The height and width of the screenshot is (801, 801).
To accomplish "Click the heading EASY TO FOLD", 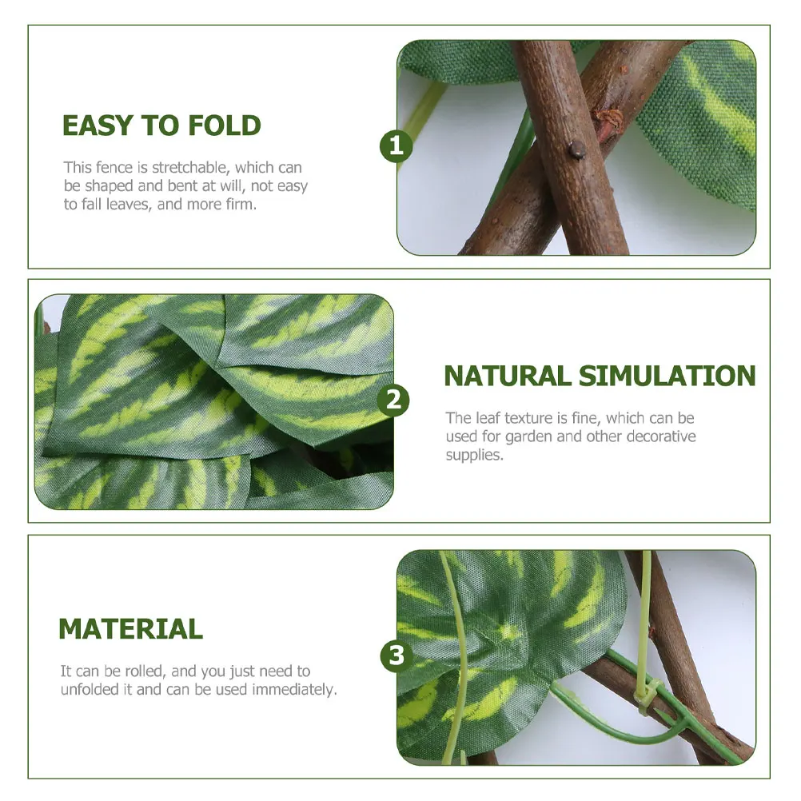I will coord(161,126).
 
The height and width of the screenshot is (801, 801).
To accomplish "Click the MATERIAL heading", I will coord(130,628).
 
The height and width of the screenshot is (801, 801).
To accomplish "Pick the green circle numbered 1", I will coord(396,145).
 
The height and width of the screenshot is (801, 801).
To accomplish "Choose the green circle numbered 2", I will coord(393,400).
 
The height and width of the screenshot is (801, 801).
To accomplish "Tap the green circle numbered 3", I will coord(397,656).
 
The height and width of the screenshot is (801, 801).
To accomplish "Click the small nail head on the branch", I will coord(576,148).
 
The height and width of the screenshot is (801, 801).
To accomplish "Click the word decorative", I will coord(660,436).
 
